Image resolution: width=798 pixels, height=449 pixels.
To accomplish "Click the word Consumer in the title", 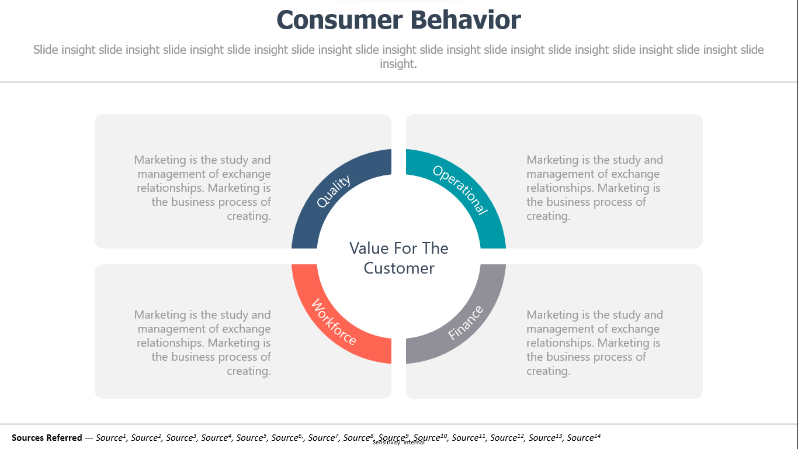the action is (x=340, y=20).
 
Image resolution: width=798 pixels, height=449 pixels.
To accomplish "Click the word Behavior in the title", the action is (x=466, y=20).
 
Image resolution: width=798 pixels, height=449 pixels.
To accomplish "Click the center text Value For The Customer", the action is (x=398, y=258).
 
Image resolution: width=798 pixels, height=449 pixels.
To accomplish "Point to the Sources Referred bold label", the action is (x=47, y=437).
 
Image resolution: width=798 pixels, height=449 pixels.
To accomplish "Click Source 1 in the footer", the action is (x=111, y=437).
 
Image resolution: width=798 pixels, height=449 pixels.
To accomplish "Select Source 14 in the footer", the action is (x=584, y=437).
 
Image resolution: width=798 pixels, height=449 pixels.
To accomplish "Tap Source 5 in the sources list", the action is (x=251, y=437).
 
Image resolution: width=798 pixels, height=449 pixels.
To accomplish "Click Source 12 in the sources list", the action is (x=506, y=437).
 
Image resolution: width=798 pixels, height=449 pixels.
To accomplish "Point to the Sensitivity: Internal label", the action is (x=398, y=443).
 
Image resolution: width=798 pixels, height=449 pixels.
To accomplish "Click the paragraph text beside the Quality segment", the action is (x=202, y=188).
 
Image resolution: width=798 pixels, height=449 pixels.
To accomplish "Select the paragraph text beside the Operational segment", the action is (x=595, y=188).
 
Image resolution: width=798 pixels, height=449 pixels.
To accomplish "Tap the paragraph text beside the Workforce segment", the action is (x=202, y=343).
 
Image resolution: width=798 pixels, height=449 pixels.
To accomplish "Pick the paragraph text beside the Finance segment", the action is (x=595, y=343).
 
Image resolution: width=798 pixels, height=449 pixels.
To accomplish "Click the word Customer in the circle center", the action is (x=398, y=268).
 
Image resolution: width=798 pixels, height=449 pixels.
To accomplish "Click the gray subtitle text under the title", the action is (x=398, y=56).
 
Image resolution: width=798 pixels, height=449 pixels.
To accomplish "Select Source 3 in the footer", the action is (x=181, y=437).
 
